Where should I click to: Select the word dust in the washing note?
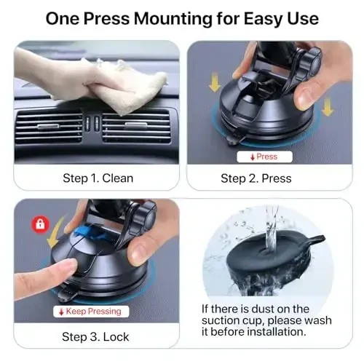pyautogui.click(x=281, y=309)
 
